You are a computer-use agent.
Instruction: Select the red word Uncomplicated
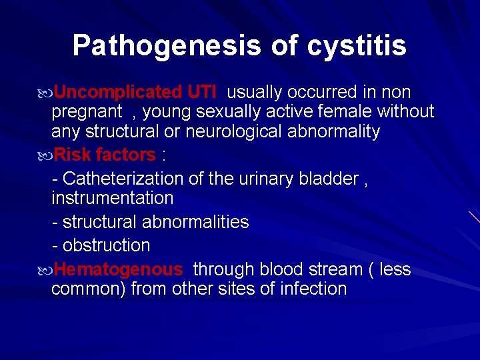coord(117,92)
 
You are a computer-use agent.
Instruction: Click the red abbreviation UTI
coord(202,92)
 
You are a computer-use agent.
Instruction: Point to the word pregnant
coord(87,112)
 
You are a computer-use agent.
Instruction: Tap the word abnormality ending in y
coord(334,132)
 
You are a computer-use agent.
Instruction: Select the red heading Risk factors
coord(105,155)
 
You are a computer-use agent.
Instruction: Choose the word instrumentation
coord(112,198)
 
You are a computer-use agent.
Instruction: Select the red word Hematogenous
coord(118,269)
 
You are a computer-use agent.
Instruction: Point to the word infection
coord(313,289)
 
